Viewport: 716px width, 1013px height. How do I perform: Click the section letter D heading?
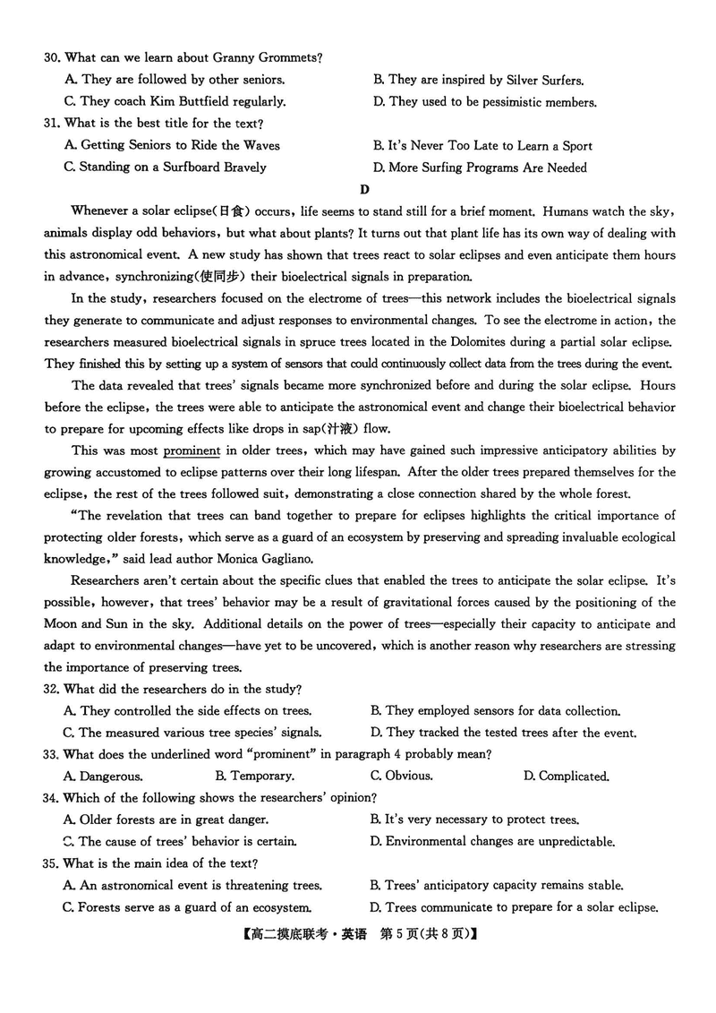pos(363,189)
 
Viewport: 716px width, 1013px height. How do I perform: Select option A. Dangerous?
pos(103,776)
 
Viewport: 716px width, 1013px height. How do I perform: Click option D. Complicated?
pos(566,776)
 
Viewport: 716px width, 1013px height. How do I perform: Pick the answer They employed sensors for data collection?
pos(502,711)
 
